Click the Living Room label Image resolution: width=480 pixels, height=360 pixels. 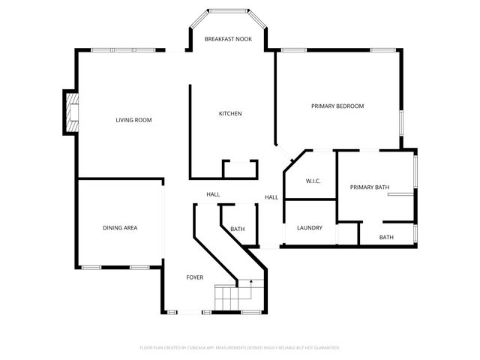click(x=133, y=120)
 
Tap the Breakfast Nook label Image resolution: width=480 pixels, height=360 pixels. click(x=228, y=39)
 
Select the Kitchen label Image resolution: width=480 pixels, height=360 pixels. click(x=229, y=114)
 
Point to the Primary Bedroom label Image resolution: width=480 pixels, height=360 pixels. click(x=337, y=106)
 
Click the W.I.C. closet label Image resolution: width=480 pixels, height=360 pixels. click(x=313, y=181)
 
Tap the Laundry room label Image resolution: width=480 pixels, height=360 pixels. click(x=310, y=228)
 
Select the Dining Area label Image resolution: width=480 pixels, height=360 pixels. click(x=120, y=228)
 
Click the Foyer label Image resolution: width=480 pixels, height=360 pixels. click(x=195, y=277)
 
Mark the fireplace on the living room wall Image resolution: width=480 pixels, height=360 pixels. click(x=71, y=112)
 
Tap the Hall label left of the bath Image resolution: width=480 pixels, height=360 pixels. click(x=213, y=195)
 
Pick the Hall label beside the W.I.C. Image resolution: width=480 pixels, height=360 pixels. click(x=271, y=197)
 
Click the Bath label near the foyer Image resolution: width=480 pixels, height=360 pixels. click(x=237, y=229)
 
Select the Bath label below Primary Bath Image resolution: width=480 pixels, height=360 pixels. click(x=385, y=237)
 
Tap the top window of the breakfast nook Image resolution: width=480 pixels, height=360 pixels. click(x=229, y=10)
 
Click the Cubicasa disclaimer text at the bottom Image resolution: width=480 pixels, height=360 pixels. click(x=240, y=348)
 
